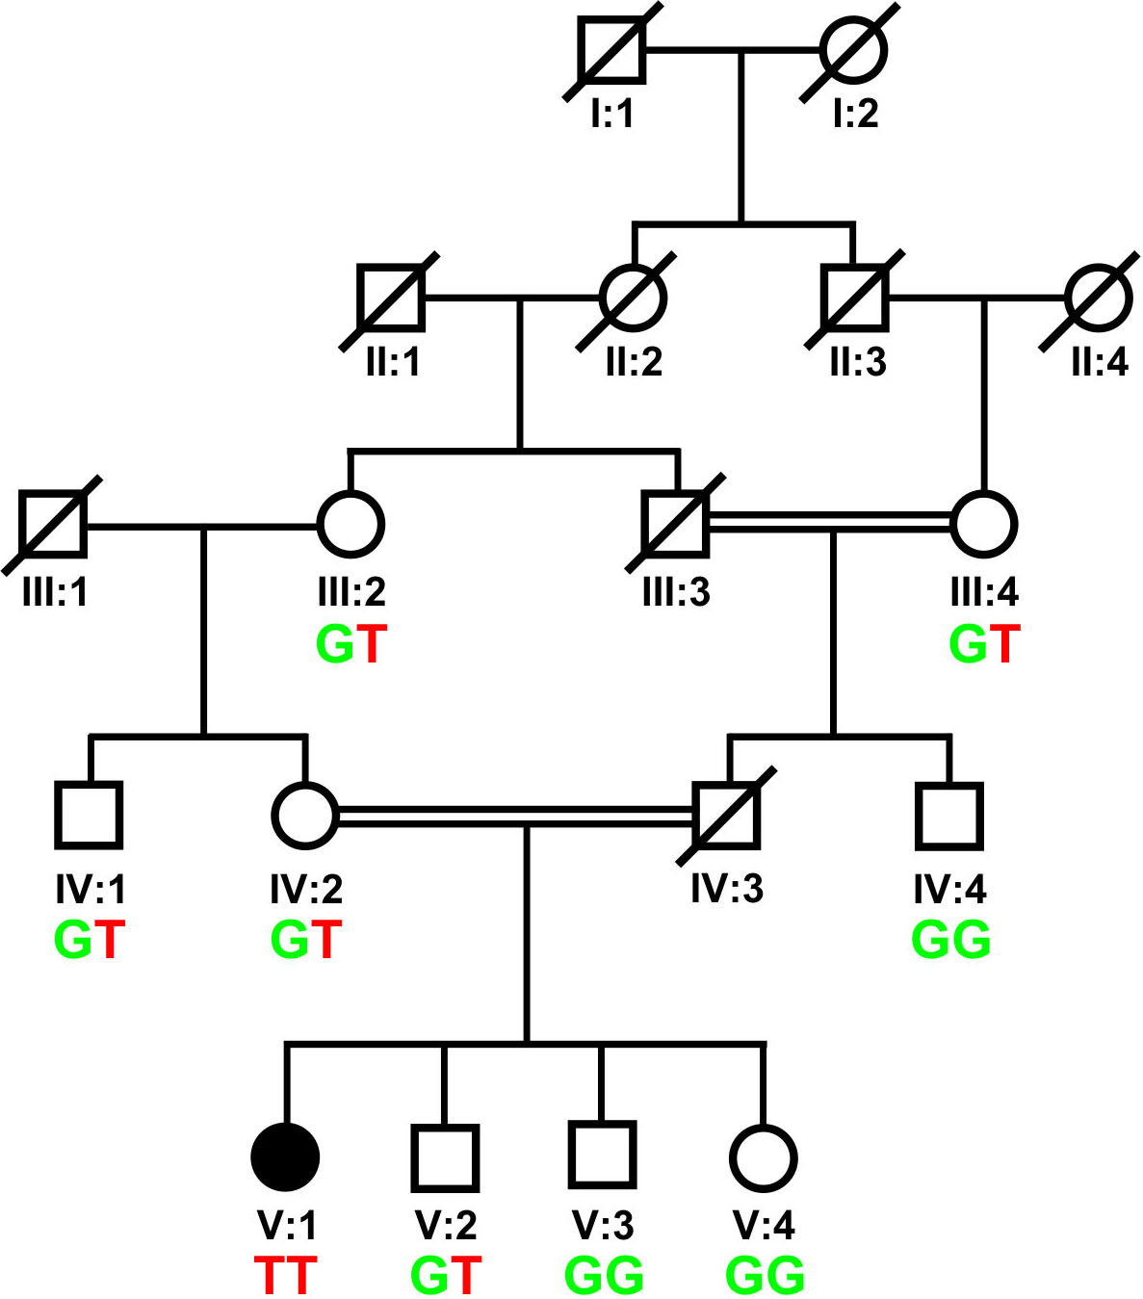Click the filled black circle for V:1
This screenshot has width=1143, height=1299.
(285, 1156)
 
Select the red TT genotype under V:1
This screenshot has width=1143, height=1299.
(285, 1275)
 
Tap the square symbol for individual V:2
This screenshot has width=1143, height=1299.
(445, 1157)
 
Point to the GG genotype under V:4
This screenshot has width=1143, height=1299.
(765, 1275)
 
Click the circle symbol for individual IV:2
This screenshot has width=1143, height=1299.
(305, 816)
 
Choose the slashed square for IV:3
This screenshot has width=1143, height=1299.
(727, 816)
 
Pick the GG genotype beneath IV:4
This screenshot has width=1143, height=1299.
(950, 940)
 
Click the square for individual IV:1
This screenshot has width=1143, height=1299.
(89, 816)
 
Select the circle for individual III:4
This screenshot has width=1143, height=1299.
(983, 524)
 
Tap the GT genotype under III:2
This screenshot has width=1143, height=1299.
(351, 644)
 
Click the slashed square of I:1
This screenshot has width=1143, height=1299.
(613, 48)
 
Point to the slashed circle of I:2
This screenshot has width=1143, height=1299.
(852, 48)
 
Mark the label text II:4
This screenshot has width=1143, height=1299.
(1100, 362)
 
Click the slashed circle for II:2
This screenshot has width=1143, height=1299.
(633, 298)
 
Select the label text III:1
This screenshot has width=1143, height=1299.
(55, 591)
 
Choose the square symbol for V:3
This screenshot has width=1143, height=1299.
(602, 1155)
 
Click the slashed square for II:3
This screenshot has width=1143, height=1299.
(855, 298)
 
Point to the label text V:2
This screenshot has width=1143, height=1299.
(445, 1225)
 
